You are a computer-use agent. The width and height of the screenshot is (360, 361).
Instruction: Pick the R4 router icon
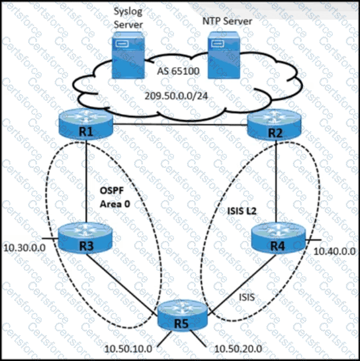[276, 240]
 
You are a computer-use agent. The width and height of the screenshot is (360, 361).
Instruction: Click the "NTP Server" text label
[227, 21]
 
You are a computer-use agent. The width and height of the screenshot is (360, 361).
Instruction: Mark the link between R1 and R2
[180, 124]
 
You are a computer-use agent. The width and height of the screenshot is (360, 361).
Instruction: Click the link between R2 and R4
[276, 186]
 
